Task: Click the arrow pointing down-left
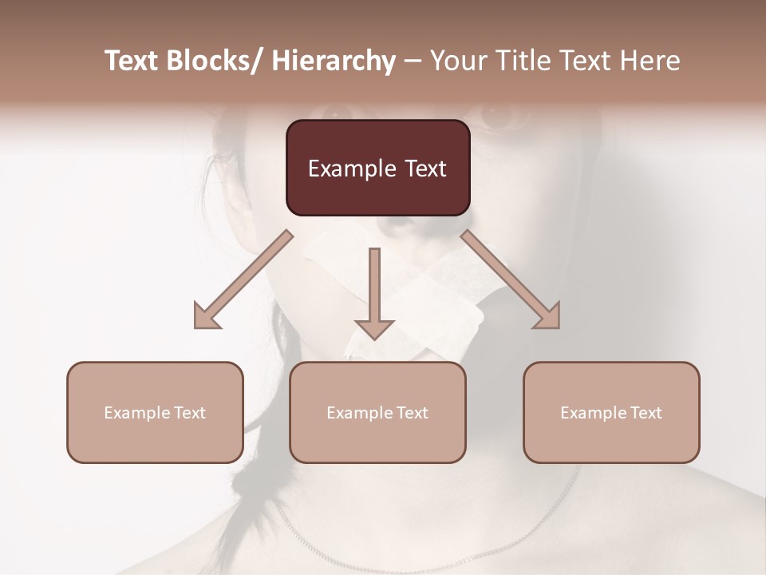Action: [243, 280]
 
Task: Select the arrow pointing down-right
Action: [511, 280]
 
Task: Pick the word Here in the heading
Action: [650, 61]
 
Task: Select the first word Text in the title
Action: [133, 61]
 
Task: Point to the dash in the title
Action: [413, 61]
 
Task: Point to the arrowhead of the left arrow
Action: [207, 315]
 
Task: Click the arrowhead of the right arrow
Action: [547, 315]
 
